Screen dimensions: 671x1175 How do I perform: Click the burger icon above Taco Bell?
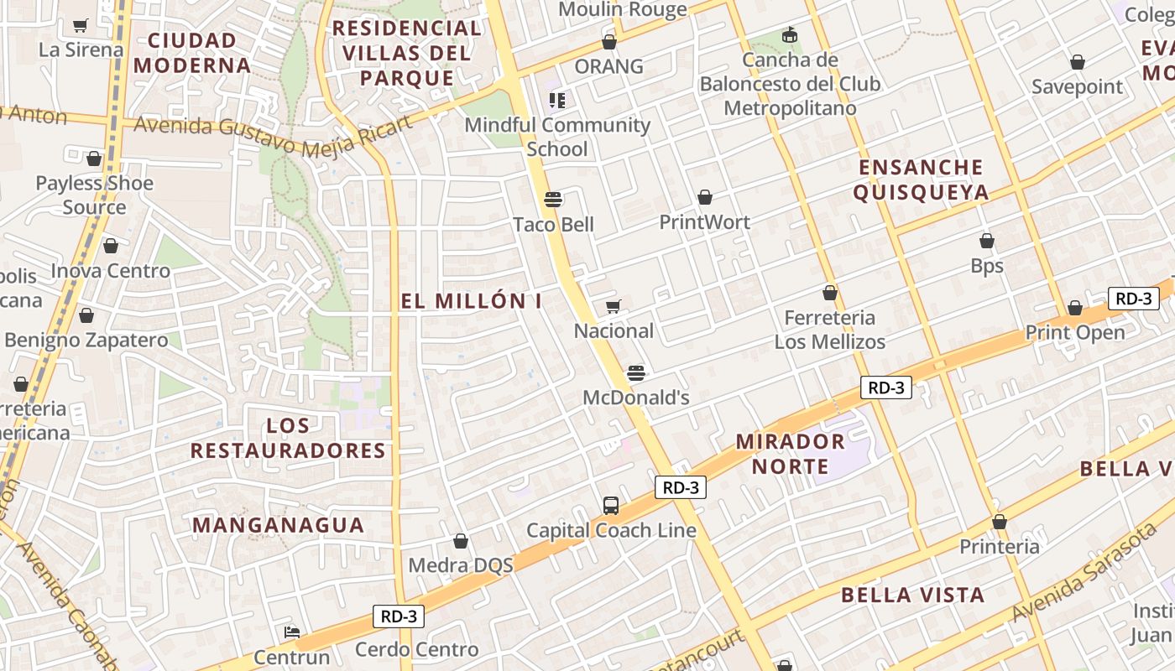552,199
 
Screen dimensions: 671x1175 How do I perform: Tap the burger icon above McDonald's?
636,372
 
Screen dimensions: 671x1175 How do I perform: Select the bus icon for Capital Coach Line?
611,506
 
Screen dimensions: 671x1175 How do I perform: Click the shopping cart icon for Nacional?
614,306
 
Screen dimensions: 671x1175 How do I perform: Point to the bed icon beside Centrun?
292,632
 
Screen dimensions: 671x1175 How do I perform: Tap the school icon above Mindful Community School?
556,101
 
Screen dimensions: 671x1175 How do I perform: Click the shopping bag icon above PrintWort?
705,197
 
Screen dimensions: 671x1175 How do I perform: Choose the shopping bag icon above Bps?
987,241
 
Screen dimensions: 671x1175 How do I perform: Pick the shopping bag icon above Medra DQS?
461,541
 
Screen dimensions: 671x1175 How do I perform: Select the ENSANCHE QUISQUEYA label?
921,179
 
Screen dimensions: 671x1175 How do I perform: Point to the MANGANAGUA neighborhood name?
279,526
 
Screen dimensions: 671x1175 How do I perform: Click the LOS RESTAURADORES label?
288,438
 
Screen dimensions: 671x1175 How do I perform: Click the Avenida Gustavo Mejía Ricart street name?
273,136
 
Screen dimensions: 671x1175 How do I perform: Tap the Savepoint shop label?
1077,86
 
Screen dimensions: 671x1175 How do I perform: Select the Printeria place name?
999,547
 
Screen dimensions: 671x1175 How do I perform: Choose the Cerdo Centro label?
416,649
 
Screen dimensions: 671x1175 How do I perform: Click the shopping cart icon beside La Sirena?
80,26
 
